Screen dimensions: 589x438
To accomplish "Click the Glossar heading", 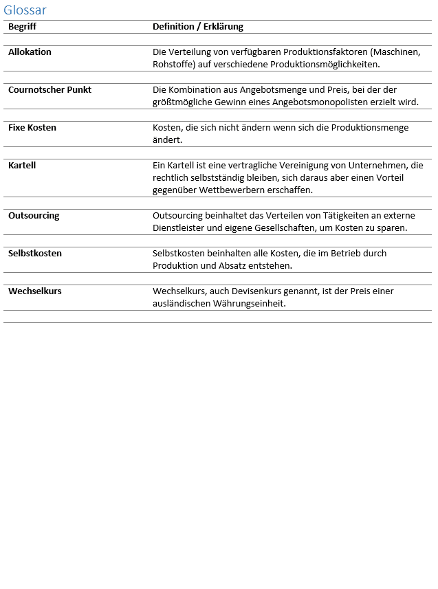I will pyautogui.click(x=25, y=10).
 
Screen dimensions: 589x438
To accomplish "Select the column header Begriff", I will pyautogui.click(x=22, y=27).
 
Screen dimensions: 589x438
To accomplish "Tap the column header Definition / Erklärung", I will pyautogui.click(x=198, y=27).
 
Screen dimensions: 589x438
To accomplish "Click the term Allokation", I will pyautogui.click(x=30, y=52).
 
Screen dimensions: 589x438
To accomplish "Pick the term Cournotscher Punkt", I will pyautogui.click(x=50, y=90).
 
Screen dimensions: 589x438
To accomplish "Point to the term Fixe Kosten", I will pyautogui.click(x=32, y=128).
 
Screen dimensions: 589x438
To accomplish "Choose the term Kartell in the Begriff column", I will pyautogui.click(x=22, y=166).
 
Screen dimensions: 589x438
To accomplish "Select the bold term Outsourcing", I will pyautogui.click(x=34, y=216).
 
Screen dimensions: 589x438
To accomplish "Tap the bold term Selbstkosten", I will pyautogui.click(x=35, y=254).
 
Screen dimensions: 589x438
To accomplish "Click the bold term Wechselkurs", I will pyautogui.click(x=35, y=291).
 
